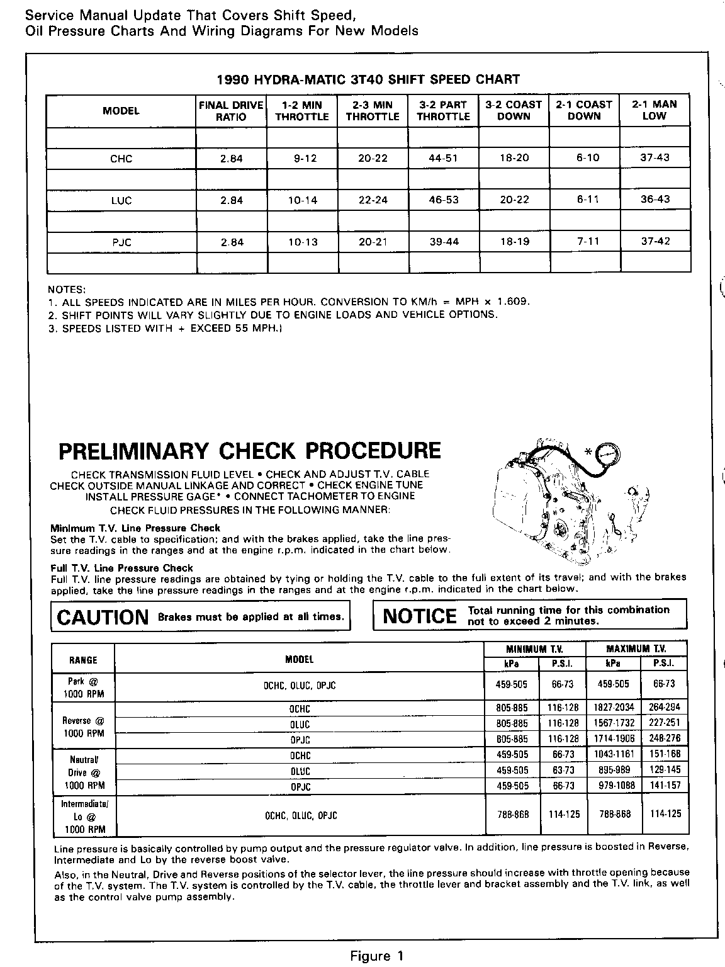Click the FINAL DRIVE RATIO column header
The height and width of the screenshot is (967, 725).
pos(231,111)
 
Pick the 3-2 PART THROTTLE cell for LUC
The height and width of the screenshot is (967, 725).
pos(444,200)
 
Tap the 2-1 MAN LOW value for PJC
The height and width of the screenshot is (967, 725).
pos(655,242)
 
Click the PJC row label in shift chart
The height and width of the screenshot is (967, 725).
pos(121,242)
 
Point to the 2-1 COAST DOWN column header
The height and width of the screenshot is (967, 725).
pos(584,111)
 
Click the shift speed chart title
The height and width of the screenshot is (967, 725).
pos(368,79)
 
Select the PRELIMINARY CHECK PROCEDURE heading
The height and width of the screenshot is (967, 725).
pos(249,451)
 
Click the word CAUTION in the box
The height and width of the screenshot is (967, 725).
pos(103,617)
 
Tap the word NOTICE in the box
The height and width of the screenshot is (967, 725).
pos(420,616)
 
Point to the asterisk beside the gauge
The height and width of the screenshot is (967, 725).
pos(588,451)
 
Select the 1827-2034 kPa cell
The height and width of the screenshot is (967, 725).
pos(613,708)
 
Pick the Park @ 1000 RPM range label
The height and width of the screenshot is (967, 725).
pos(83,688)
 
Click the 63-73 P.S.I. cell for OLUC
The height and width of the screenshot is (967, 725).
pos(561,770)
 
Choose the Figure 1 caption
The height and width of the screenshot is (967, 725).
pos(376,957)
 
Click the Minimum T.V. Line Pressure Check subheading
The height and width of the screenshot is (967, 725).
pos(135,528)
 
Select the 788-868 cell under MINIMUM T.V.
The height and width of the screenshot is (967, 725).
pos(512,814)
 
